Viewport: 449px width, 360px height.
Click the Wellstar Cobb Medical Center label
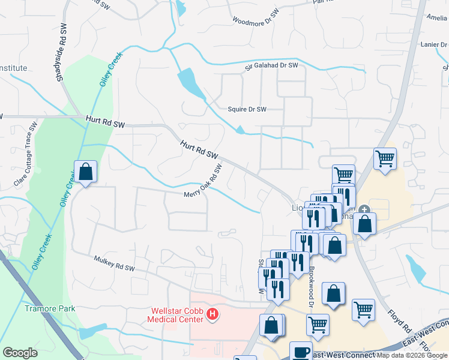click(x=176, y=314)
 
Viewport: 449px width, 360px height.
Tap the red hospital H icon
click(x=211, y=314)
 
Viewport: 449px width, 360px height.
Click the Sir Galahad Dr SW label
click(x=271, y=65)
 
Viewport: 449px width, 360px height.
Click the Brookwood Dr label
click(x=313, y=280)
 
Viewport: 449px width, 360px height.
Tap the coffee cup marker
click(x=301, y=352)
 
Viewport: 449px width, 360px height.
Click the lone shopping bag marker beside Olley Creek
click(x=86, y=172)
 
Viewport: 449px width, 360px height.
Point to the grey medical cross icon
click(x=365, y=210)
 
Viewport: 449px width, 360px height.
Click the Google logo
click(x=20, y=353)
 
